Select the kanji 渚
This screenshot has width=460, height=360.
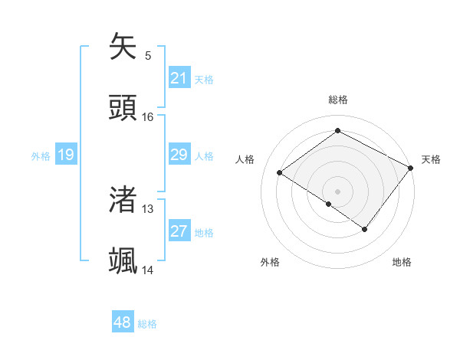click(x=123, y=200)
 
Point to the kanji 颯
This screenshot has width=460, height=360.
click(x=123, y=260)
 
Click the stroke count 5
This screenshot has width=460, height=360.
click(x=148, y=56)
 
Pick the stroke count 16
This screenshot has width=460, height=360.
click(x=148, y=117)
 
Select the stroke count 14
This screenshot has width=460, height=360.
click(x=148, y=270)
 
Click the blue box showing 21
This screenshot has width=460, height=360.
click(x=179, y=78)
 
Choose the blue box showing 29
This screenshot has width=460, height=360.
click(x=179, y=155)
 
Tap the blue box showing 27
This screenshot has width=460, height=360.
click(x=179, y=231)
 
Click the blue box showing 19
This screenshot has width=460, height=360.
click(x=65, y=155)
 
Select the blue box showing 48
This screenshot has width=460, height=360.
click(x=123, y=322)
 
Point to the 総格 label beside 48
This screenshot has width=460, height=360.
click(x=147, y=324)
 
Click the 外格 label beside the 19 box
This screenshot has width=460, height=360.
click(x=41, y=156)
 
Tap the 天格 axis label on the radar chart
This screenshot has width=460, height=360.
click(x=431, y=159)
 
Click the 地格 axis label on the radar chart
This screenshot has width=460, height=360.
click(x=402, y=262)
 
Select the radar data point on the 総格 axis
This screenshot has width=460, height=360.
click(x=337, y=131)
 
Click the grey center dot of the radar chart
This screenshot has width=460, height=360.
click(x=337, y=191)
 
